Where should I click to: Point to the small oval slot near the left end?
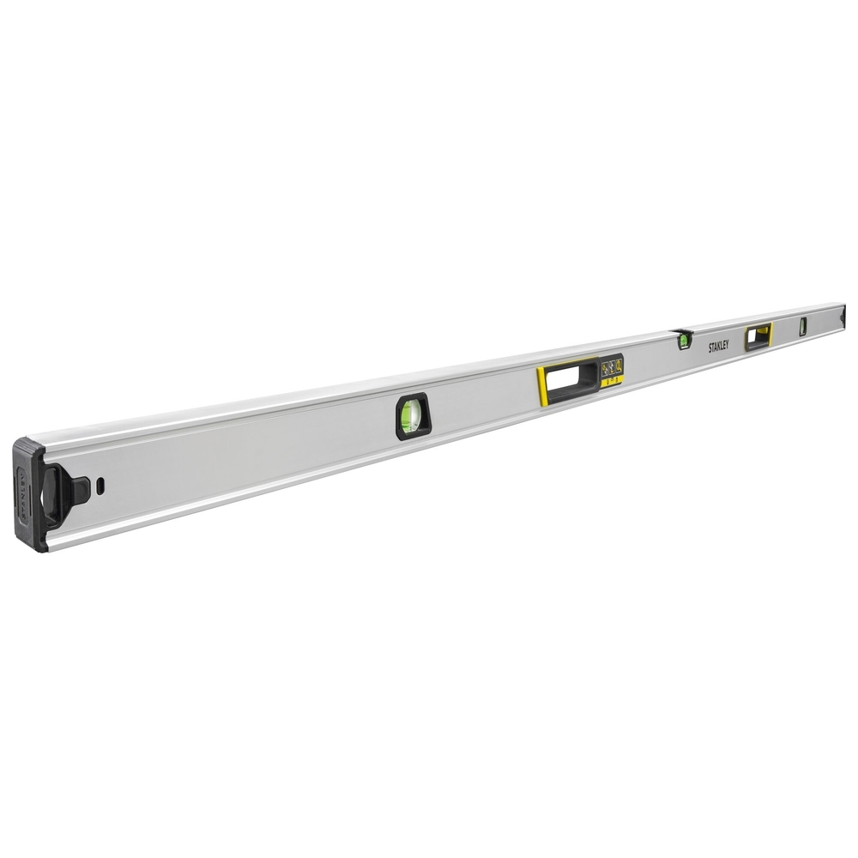click(x=100, y=485)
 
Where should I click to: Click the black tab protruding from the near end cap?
click(x=78, y=490)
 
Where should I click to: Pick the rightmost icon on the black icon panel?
click(x=618, y=366)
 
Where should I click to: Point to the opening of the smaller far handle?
click(x=758, y=335)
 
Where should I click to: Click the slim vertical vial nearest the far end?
click(x=803, y=326)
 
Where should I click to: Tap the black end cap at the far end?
click(x=843, y=315)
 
